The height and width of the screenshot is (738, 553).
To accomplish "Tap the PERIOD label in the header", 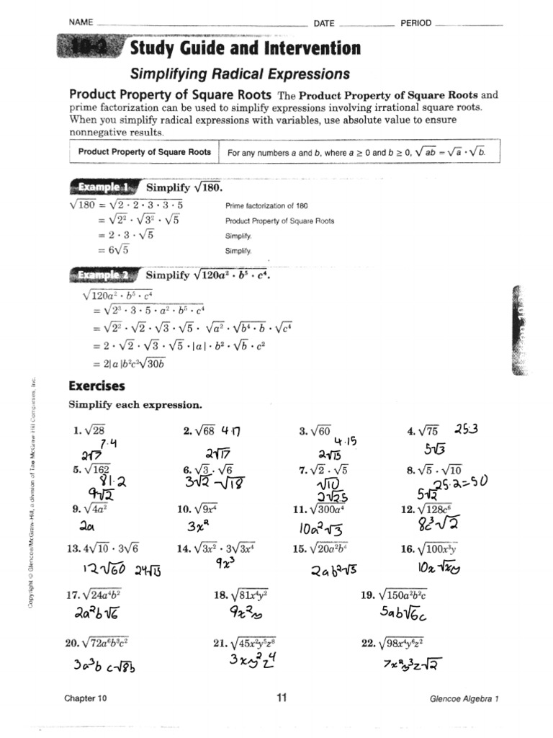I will coord(415,23).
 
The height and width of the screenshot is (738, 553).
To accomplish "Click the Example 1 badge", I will coord(104,187).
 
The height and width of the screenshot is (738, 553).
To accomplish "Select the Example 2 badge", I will coord(104,275).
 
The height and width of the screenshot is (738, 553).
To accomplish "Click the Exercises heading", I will coord(96,386).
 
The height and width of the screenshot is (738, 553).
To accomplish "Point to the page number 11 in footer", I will coord(282,697).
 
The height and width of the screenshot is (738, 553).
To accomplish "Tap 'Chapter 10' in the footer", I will coord(86,698).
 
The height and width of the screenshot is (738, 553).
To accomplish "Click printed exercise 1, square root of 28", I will coord(89,431).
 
